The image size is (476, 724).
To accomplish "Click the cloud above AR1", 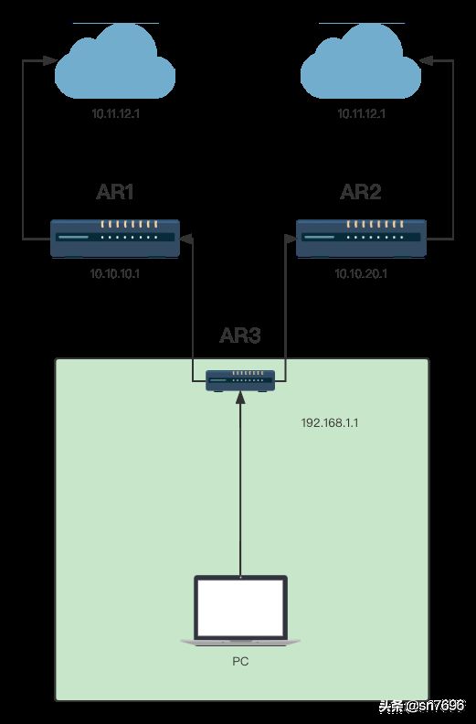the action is [115, 62].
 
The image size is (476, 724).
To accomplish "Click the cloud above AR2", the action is [361, 62].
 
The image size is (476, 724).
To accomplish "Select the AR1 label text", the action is [115, 192].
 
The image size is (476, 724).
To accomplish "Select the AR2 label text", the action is [361, 192].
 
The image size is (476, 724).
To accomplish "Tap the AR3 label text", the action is [240, 335].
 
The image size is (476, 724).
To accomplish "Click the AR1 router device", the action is [115, 239].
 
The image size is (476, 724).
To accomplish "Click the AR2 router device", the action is [361, 239].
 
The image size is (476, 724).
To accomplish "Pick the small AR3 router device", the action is [240, 381].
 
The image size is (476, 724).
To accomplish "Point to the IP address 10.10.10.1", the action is [115, 274].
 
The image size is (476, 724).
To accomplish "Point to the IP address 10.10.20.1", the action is [361, 274].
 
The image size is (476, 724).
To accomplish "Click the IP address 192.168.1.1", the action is [330, 423].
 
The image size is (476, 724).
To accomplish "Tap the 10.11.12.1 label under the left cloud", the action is [115, 113].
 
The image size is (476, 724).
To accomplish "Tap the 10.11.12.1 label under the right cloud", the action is [361, 113].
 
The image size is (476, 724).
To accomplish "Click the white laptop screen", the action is [240, 608].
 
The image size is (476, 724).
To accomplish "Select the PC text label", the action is [240, 662].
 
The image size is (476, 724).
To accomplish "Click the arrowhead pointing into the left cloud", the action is [50, 60].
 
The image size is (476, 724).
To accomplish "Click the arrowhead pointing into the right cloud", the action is [426, 60].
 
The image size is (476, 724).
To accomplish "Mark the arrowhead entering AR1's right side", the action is [186, 239].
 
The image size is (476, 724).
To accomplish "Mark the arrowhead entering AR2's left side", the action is [290, 239].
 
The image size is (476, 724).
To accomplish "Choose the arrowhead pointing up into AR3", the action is [240, 399].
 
